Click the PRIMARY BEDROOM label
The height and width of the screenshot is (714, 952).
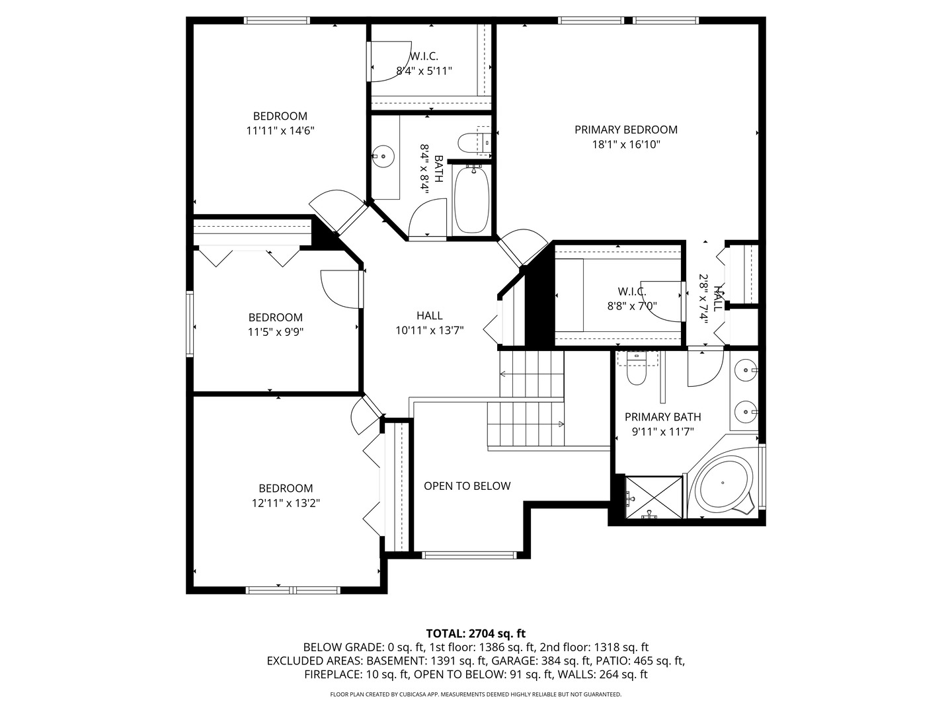point(626,130)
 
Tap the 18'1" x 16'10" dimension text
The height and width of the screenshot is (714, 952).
point(626,144)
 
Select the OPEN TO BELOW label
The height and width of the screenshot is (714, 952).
point(467,486)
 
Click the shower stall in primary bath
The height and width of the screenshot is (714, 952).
point(654,497)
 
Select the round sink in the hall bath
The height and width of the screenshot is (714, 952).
point(383,156)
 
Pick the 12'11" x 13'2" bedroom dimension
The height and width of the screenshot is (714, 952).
point(286,503)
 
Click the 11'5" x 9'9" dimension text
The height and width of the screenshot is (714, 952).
point(276,332)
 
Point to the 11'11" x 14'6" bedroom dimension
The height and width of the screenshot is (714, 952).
point(280,130)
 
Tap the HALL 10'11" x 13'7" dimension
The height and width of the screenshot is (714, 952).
point(429,331)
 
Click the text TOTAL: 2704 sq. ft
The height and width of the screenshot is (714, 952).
point(476,634)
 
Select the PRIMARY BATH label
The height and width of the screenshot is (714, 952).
point(662,417)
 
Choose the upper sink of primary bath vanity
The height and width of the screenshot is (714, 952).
point(746,370)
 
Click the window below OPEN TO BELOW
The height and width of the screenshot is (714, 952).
point(469,555)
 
